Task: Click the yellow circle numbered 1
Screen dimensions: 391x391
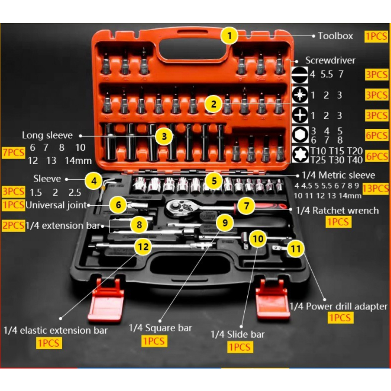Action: pos(229,35)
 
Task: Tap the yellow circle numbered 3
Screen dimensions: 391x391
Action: pos(164,136)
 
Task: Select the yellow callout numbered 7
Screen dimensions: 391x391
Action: pos(245,205)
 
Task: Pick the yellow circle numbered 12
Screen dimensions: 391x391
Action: pos(143,247)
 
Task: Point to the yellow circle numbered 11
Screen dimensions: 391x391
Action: pos(295,248)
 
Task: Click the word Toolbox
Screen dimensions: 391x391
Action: pos(335,36)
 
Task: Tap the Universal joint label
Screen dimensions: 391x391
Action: pos(56,205)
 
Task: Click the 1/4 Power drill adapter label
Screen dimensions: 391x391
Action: pos(338,306)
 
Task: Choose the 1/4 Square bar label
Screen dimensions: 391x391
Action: pos(160,328)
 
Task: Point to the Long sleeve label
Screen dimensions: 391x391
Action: pos(47,135)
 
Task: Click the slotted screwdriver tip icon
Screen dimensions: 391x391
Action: pos(300,75)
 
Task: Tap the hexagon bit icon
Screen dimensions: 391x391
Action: pos(300,135)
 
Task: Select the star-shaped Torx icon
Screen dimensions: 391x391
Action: pos(300,155)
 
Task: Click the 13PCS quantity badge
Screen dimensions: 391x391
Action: pos(376,189)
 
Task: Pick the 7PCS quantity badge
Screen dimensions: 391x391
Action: pos(14,152)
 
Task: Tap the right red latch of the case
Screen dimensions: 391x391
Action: pos(272,300)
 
